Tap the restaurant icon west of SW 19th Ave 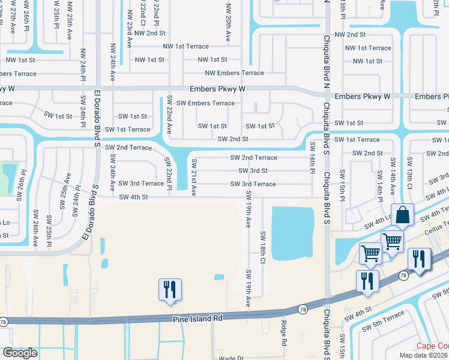tap(169, 289)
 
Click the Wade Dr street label tap(230, 357)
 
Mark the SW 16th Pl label tap(312, 155)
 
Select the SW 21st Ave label tap(194, 178)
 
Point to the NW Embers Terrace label tap(234, 73)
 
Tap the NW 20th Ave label tap(228, 24)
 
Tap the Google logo tap(20, 353)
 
